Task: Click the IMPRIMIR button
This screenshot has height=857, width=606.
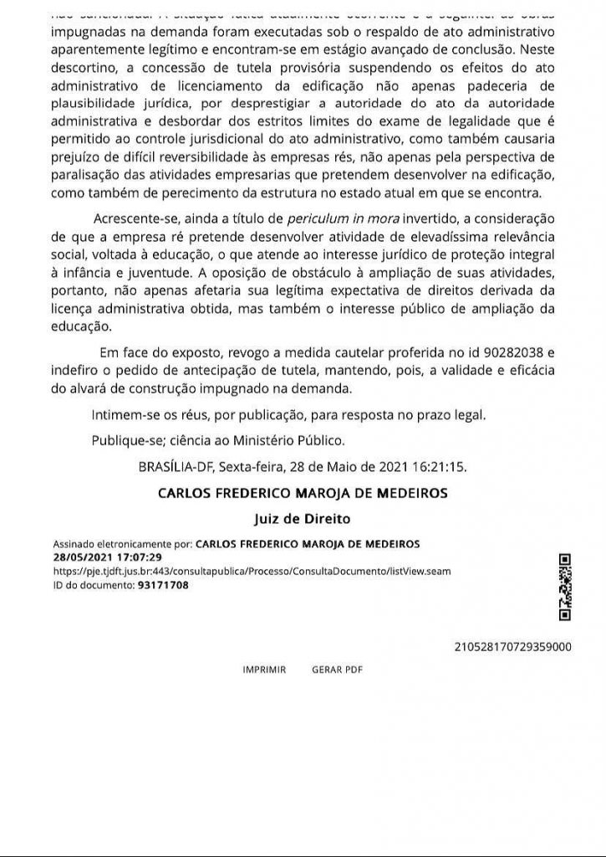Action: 264,670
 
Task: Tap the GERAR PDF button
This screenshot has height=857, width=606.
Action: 337,670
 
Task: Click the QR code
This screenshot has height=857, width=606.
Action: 564,588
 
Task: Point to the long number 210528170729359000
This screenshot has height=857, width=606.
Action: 512,647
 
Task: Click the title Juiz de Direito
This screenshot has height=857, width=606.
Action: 302,518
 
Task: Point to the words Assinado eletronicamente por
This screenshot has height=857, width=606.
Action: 123,543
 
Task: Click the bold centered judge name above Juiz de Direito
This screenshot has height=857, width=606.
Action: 303,494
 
